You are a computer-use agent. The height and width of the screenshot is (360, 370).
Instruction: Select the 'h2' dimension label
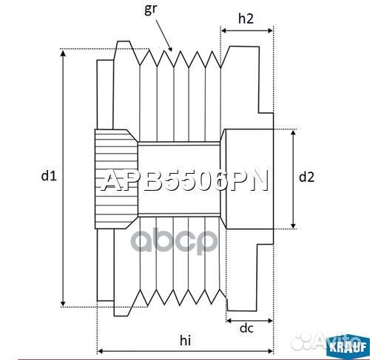[248, 18]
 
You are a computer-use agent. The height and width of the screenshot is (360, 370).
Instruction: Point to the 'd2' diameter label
[307, 177]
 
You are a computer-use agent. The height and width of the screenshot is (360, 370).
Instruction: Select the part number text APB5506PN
[184, 181]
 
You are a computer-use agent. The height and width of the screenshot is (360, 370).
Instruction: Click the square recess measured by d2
[249, 178]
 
